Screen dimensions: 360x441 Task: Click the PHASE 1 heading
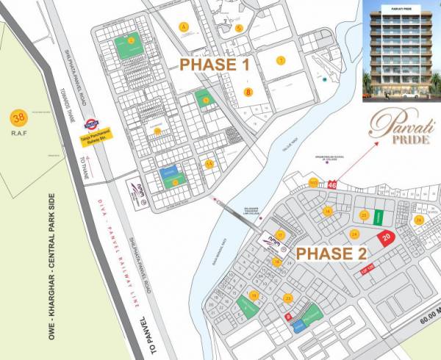pyautogui.click(x=215, y=65)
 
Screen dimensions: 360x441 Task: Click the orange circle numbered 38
pyautogui.click(x=17, y=117)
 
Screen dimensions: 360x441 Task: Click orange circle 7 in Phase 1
pyautogui.click(x=280, y=60)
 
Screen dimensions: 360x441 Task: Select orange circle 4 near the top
pyautogui.click(x=184, y=27)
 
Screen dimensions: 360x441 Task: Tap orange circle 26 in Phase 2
pyautogui.click(x=418, y=220)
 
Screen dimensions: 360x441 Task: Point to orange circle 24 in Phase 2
pyautogui.click(x=354, y=234)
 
